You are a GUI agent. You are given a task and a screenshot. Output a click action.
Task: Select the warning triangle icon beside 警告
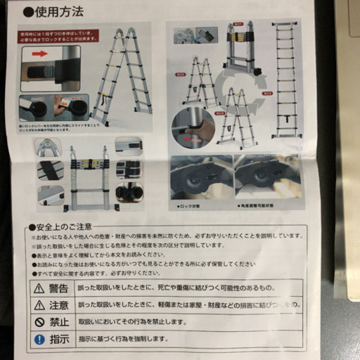(x=39, y=288)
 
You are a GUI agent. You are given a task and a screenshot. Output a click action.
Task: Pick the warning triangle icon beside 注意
(x=39, y=305)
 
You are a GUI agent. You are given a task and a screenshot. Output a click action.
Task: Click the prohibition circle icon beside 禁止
(x=39, y=322)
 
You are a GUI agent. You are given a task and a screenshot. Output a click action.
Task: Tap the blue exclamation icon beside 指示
(x=39, y=339)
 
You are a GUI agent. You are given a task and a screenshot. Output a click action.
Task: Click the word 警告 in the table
(x=59, y=288)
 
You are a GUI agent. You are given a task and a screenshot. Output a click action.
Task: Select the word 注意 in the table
(x=59, y=305)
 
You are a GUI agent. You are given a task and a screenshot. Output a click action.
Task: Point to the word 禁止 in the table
(x=59, y=322)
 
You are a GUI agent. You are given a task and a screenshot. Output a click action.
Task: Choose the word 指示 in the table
(x=59, y=339)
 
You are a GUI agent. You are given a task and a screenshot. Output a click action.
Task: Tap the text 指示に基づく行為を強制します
(x=126, y=339)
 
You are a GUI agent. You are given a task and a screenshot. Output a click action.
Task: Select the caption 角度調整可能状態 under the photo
(x=259, y=207)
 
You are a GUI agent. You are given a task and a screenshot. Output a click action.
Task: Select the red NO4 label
(x=266, y=93)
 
